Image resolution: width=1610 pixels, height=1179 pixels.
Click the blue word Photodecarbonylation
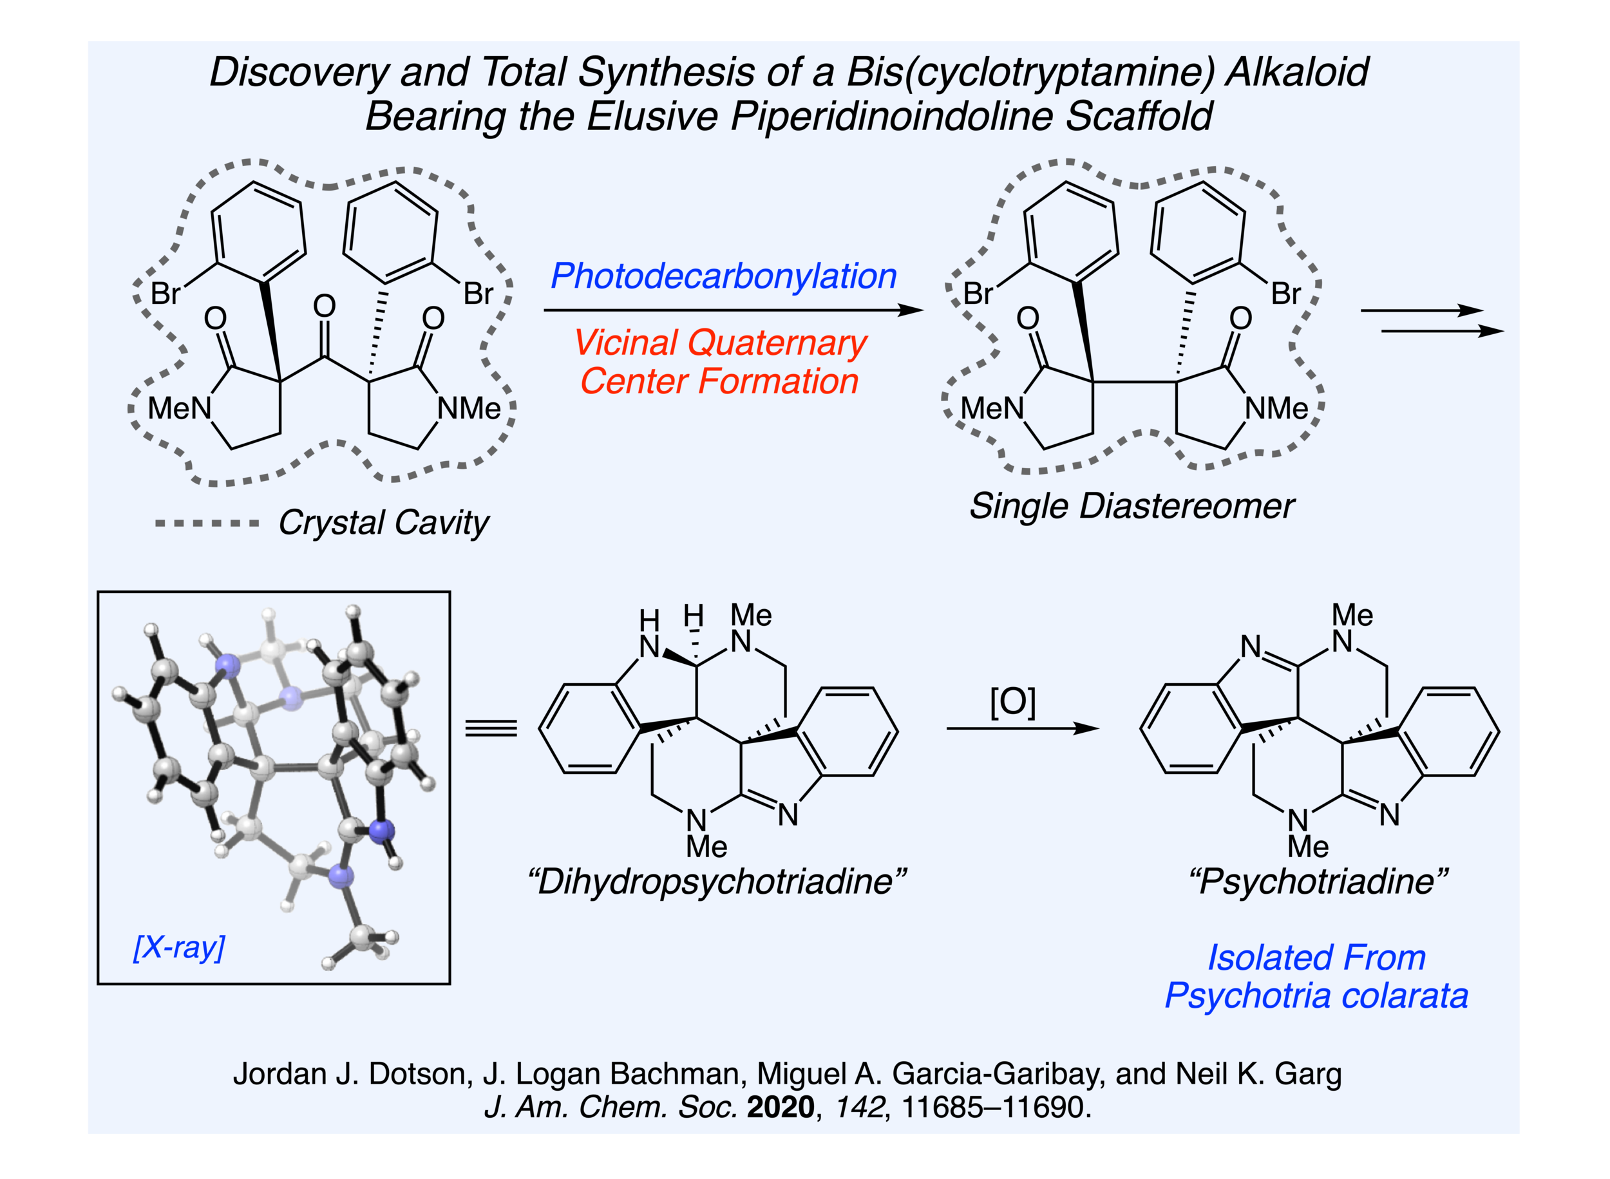click(x=723, y=276)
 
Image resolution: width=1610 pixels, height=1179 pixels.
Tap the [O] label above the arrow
click(x=1012, y=703)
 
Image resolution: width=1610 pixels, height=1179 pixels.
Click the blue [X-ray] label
click(x=179, y=947)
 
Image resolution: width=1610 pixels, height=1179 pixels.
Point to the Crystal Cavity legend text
click(x=383, y=522)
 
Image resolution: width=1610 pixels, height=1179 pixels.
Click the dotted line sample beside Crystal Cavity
click(x=207, y=523)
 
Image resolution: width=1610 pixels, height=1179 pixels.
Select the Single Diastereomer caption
click(x=1131, y=506)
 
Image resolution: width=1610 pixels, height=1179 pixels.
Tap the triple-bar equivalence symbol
click(x=491, y=728)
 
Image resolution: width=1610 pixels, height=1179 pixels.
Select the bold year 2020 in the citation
click(x=780, y=1107)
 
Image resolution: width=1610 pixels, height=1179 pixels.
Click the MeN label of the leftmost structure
click(x=179, y=409)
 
